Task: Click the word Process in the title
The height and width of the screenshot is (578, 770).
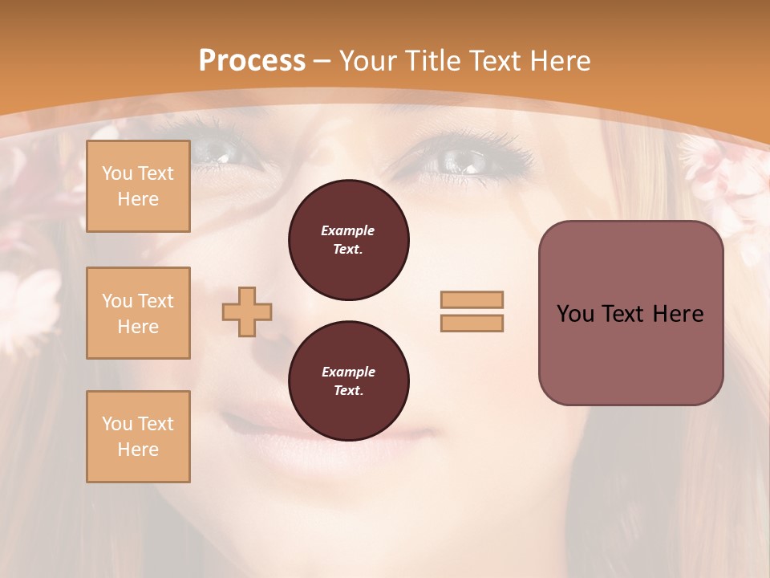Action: click(252, 60)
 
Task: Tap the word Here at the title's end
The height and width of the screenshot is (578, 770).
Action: click(557, 60)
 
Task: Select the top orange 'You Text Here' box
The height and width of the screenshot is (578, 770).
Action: click(138, 186)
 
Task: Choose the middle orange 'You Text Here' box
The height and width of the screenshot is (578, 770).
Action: click(138, 313)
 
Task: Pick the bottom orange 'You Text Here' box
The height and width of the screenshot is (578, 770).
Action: click(138, 437)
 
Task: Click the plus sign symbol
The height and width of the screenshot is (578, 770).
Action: click(247, 312)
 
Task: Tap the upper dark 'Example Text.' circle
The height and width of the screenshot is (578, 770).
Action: click(348, 240)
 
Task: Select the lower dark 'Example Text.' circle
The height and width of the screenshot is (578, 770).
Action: click(348, 381)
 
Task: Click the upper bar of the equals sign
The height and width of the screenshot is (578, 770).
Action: click(472, 299)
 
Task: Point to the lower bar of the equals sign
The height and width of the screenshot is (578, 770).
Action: click(472, 324)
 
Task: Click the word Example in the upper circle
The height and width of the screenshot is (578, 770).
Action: click(348, 230)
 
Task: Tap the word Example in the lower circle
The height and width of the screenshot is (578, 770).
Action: click(348, 372)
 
